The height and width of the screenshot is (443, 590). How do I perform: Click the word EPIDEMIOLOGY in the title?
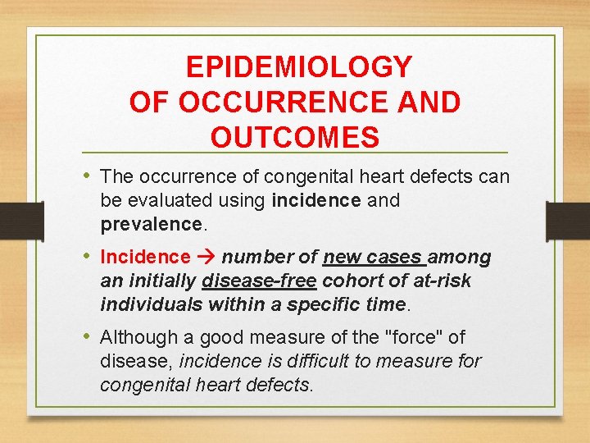(x=298, y=67)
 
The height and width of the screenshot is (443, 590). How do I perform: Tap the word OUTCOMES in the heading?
(x=295, y=137)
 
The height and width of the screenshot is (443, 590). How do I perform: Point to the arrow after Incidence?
(x=206, y=258)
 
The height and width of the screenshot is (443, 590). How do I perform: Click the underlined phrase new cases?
(x=372, y=258)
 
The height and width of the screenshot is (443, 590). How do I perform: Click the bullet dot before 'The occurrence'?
(x=88, y=176)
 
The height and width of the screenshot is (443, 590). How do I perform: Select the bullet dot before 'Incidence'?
(x=88, y=257)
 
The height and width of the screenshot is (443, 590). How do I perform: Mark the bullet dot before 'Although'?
(x=88, y=336)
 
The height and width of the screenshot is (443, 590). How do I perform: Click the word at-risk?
(x=443, y=281)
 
